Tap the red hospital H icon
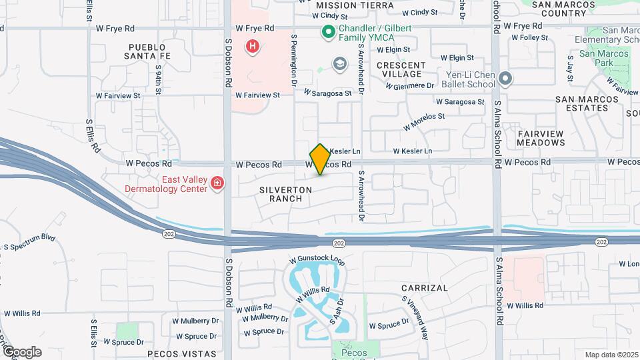[x=253, y=46]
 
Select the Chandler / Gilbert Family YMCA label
[x=375, y=35]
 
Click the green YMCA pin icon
[x=328, y=31]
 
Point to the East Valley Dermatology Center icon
[x=217, y=183]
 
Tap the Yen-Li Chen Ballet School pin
[x=505, y=79]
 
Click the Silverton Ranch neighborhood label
[x=286, y=194]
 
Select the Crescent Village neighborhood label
[x=400, y=69]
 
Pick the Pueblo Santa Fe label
[x=151, y=52]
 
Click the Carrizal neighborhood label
[x=425, y=288]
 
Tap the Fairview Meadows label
[x=541, y=138]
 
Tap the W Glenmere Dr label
[x=409, y=85]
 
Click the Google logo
[x=22, y=351]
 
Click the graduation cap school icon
[x=340, y=64]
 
